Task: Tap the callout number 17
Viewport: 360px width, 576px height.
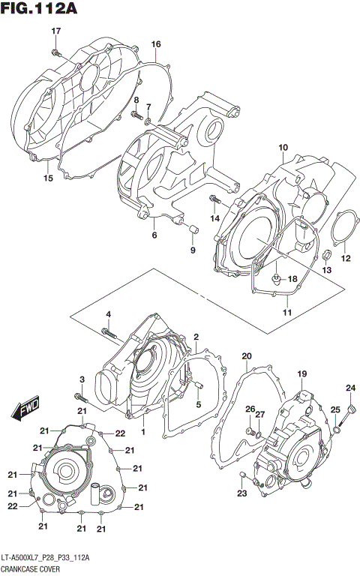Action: [55, 30]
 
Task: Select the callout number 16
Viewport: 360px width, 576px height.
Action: [156, 45]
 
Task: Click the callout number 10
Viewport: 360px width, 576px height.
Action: [283, 147]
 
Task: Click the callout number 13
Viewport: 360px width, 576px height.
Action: [326, 269]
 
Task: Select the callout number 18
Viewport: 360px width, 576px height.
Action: [293, 279]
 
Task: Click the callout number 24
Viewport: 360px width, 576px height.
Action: [349, 388]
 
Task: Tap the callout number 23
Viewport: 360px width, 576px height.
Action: [242, 493]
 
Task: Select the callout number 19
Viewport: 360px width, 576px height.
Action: [301, 373]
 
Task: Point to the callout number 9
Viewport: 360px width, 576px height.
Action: [191, 250]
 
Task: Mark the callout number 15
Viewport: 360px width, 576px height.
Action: [48, 179]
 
